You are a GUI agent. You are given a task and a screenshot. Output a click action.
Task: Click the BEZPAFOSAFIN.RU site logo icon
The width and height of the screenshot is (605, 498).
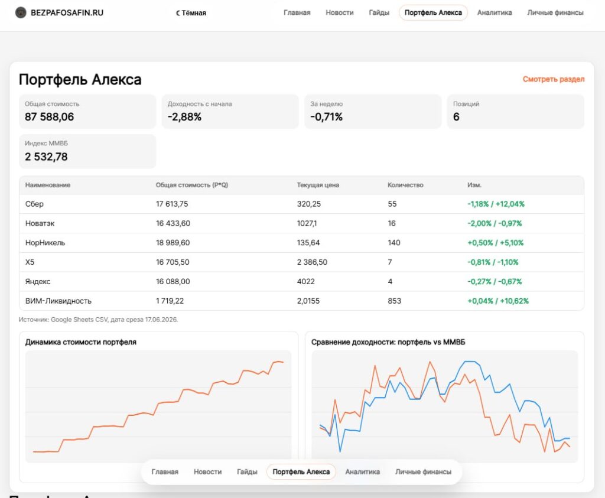click(21, 13)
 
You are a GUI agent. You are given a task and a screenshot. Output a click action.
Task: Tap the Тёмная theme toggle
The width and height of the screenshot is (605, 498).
click(191, 13)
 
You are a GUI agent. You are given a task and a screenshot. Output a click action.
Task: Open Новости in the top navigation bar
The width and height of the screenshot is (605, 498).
click(340, 13)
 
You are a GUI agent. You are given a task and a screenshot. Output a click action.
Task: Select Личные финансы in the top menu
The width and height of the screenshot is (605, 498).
click(555, 13)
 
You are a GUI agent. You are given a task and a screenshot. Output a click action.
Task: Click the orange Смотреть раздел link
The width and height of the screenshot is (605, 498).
click(553, 79)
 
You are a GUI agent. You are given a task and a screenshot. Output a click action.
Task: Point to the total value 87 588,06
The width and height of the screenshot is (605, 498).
click(50, 117)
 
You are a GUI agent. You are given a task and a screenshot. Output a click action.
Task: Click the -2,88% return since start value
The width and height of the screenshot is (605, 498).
click(184, 117)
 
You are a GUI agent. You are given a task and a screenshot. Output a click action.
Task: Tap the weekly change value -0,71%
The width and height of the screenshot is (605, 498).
click(326, 117)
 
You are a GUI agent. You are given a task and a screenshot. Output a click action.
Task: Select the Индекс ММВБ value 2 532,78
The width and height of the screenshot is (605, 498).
click(46, 157)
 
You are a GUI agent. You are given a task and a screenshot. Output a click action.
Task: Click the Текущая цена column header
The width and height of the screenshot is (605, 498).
click(318, 185)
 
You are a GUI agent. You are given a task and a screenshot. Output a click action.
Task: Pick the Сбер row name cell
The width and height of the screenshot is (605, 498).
click(34, 204)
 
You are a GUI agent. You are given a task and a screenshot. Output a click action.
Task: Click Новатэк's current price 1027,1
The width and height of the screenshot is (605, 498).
click(307, 223)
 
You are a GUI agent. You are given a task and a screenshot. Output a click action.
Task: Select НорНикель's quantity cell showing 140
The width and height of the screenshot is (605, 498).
click(394, 243)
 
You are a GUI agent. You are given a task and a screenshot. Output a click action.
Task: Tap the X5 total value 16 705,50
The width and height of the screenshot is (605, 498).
click(173, 262)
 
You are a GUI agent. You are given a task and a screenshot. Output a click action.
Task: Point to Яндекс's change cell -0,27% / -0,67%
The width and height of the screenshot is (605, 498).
click(495, 282)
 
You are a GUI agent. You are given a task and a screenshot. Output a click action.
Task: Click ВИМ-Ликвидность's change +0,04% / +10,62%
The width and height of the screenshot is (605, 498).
click(498, 301)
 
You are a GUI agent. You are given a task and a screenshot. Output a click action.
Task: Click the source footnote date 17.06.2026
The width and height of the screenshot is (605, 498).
click(161, 320)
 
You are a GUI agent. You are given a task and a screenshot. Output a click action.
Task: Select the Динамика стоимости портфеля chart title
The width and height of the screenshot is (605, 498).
click(80, 342)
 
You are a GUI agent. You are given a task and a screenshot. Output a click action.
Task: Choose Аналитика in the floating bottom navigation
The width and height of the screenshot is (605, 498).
click(362, 472)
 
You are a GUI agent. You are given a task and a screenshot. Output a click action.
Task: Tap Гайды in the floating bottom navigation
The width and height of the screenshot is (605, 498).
click(247, 472)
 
